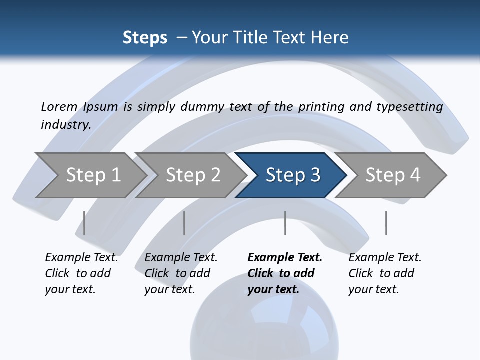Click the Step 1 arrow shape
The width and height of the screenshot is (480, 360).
92,175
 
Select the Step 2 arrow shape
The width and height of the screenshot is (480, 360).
192,175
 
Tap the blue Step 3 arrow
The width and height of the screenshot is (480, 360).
292,175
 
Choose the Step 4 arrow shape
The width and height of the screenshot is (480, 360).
392,175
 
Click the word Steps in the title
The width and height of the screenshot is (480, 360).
145,38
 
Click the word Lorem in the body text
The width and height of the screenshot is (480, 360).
59,106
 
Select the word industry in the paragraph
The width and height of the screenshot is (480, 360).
65,124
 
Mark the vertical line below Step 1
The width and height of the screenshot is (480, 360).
84,223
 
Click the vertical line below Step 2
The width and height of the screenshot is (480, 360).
184,223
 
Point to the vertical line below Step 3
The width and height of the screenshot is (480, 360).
285,223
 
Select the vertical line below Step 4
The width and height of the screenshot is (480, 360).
386,223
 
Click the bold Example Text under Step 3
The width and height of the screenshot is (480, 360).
285,258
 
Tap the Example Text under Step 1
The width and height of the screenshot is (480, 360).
81,258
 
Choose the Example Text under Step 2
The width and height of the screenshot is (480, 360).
181,258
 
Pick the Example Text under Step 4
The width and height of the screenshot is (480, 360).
385,258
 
